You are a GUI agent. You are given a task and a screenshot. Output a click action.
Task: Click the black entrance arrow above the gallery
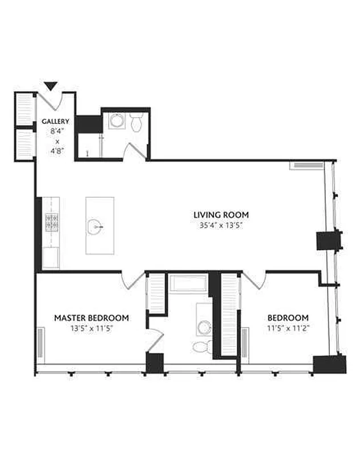coord(51,86)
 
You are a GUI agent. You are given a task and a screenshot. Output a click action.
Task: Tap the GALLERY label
coord(55,121)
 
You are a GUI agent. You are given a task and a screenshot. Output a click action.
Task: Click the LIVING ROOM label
coord(221,215)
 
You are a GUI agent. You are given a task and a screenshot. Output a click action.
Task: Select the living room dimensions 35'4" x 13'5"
coord(221,225)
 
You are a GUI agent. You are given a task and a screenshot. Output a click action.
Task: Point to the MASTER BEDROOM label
coord(92,318)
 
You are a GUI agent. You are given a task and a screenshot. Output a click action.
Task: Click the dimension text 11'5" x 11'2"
coord(288,329)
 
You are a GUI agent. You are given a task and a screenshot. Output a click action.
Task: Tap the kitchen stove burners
coord(52,222)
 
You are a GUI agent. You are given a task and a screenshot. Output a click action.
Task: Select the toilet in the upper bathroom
coord(136,122)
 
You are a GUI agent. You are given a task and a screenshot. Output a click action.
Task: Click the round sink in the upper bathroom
coord(117,121)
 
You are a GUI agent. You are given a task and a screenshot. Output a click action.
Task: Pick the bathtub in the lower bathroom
coord(188,283)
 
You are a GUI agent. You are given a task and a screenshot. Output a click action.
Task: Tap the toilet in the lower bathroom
coord(202,347)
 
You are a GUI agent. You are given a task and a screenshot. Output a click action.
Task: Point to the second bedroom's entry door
coord(255,280)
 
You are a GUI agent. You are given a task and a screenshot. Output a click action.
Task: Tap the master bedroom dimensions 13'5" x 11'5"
coord(92,329)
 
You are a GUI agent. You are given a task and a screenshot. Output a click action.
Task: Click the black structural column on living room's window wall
coord(328,241)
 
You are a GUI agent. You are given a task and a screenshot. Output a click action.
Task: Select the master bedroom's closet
coord(156,293)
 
